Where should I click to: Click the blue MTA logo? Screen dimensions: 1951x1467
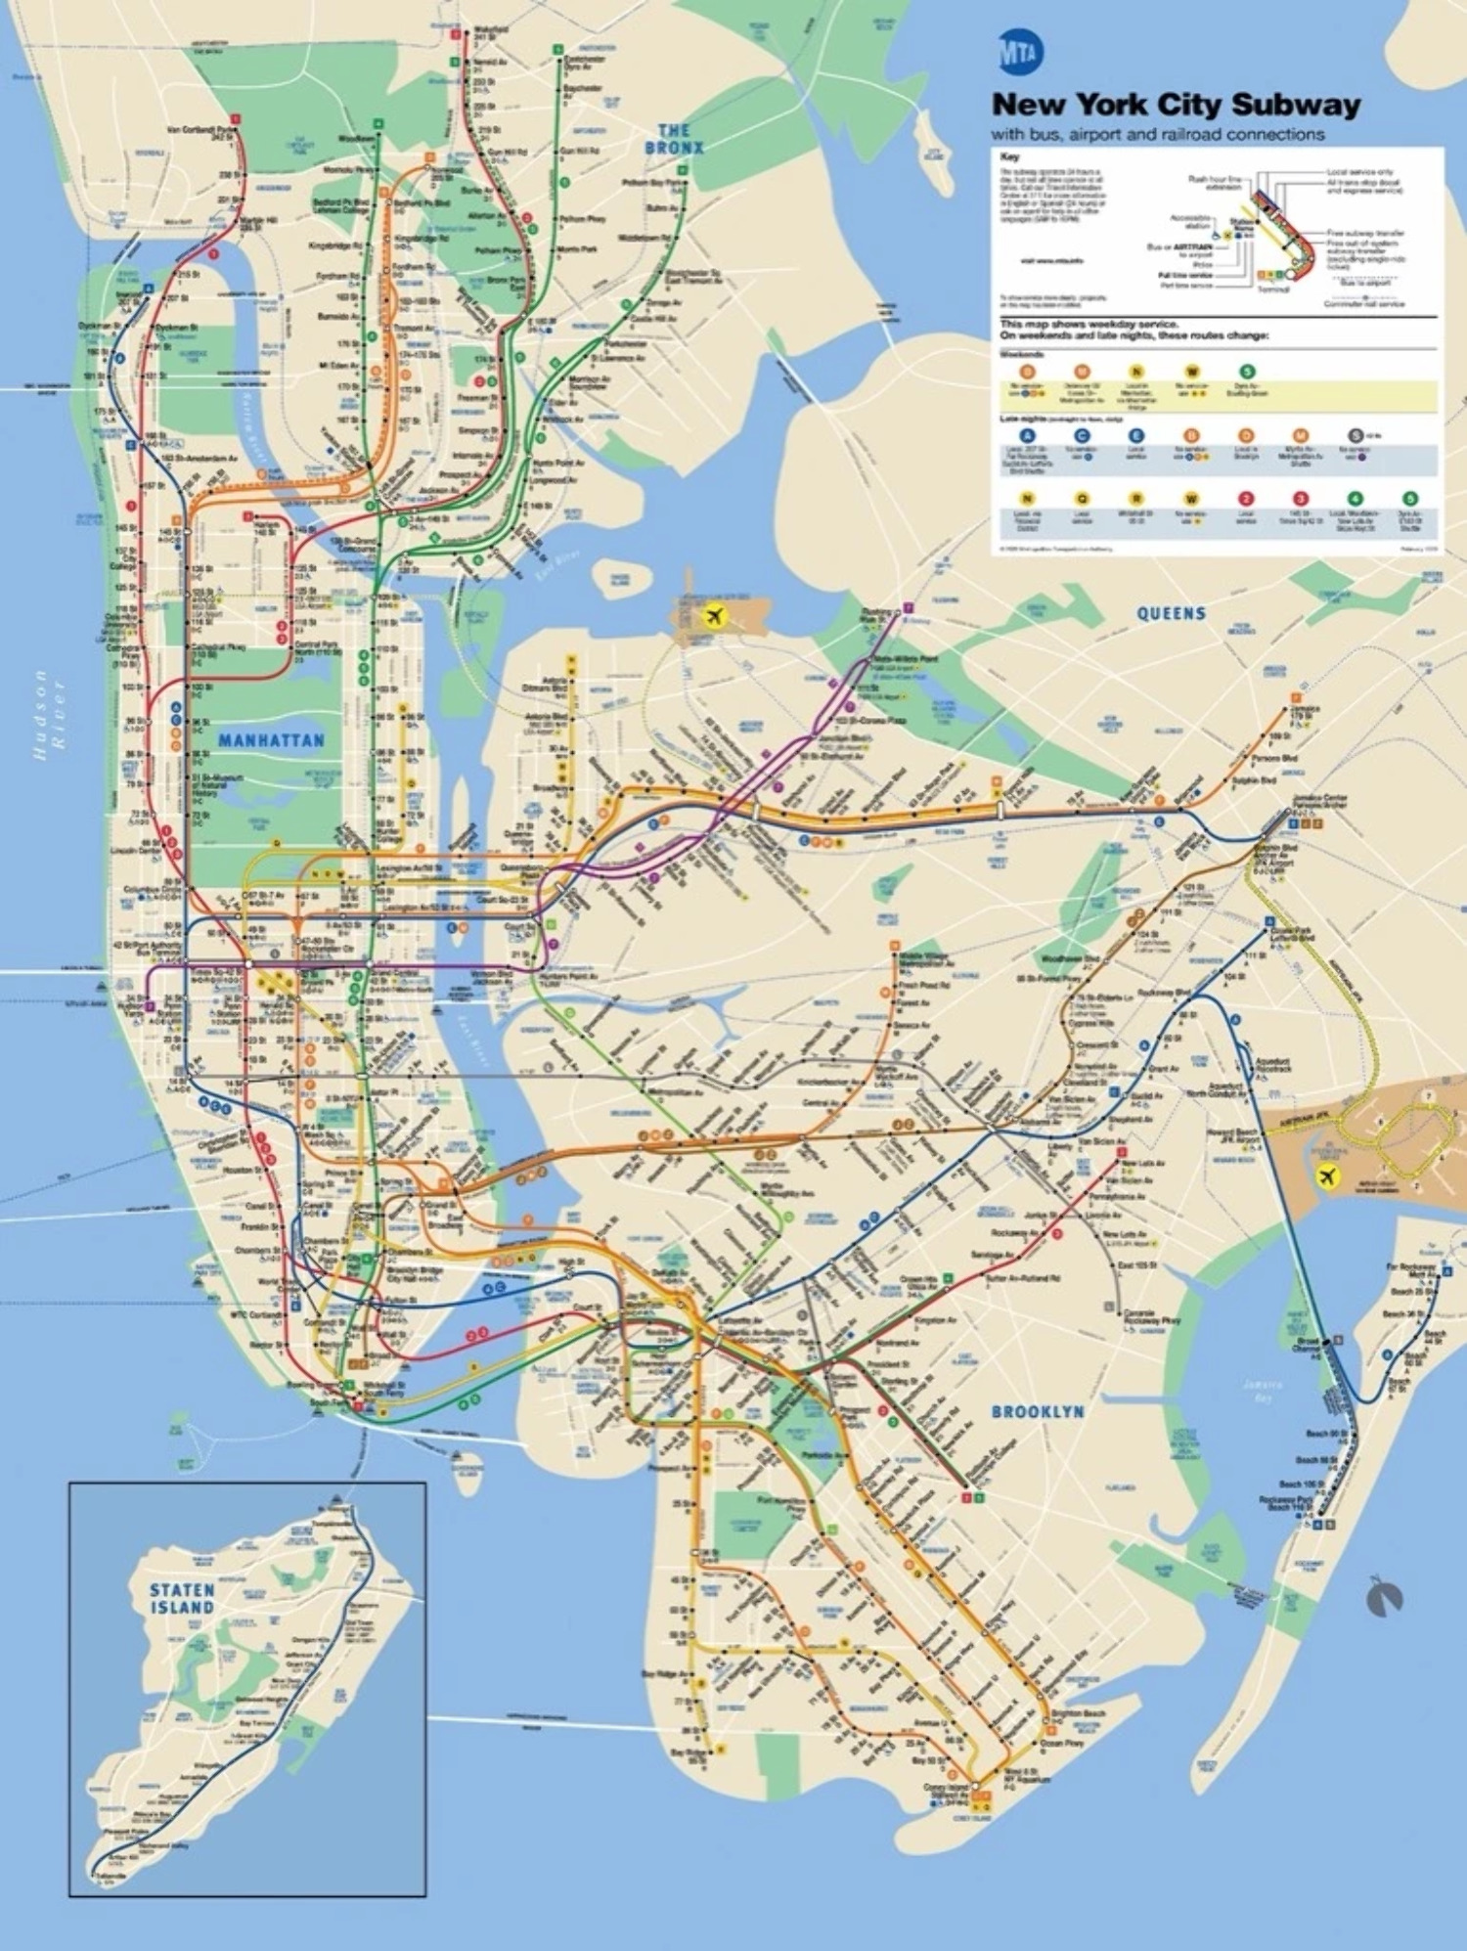point(1019,53)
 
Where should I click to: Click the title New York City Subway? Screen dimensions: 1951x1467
point(1176,105)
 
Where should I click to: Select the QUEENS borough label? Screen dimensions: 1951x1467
point(1171,613)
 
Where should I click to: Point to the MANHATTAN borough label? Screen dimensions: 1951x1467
point(271,740)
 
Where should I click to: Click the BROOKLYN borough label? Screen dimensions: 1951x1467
point(1037,1411)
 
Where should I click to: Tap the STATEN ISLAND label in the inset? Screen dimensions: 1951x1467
point(182,1598)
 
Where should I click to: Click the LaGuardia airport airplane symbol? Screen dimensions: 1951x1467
point(715,616)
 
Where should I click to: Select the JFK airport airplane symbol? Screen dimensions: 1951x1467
point(1326,1176)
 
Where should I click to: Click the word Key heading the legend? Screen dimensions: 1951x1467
point(1009,157)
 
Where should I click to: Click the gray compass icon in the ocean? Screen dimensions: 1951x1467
point(1386,1597)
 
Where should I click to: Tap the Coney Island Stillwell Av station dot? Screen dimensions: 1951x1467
point(976,1786)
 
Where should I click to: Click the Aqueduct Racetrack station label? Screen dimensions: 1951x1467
point(1270,1065)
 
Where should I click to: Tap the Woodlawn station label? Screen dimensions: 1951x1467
point(357,139)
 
